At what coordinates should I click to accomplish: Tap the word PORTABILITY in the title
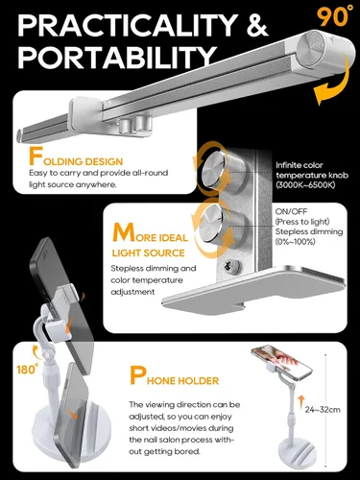tap(117, 58)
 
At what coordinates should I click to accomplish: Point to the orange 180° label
tap(28, 369)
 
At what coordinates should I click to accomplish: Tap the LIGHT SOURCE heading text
tap(149, 252)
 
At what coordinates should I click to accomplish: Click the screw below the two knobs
tap(231, 265)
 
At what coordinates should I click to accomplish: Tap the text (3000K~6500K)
tap(305, 185)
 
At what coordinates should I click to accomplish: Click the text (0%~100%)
tap(296, 242)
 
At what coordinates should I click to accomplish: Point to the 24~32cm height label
tap(323, 409)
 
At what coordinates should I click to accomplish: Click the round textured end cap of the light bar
tap(310, 51)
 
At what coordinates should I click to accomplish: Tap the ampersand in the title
tap(257, 26)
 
